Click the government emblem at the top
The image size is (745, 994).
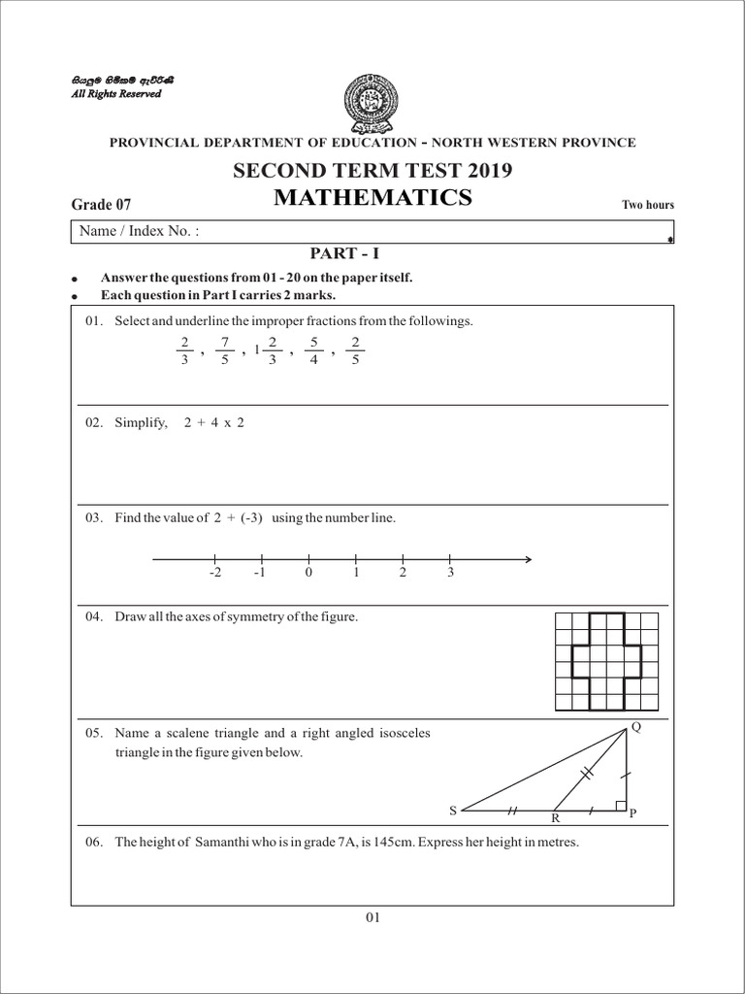tap(373, 102)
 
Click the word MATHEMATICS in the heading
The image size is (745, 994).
tap(373, 199)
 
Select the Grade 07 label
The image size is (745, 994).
tap(101, 204)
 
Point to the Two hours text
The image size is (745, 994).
tap(647, 205)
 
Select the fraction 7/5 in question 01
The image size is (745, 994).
tap(224, 350)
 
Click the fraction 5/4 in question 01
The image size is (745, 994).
tap(313, 350)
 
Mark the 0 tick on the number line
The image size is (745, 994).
tap(308, 559)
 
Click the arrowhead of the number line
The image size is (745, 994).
tap(526, 559)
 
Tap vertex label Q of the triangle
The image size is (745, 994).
tap(635, 727)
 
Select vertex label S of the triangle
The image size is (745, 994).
tap(452, 810)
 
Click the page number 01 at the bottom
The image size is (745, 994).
tap(373, 915)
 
